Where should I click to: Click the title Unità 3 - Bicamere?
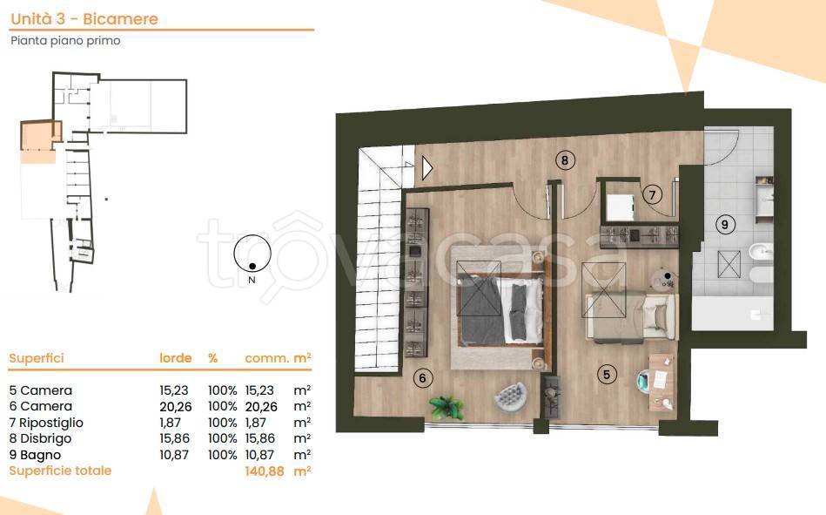tap(84, 19)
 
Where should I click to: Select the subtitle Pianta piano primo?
tap(65, 41)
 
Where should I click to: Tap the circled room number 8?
tap(565, 159)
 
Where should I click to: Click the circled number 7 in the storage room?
tap(652, 194)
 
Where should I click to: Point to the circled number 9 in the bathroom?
tap(725, 225)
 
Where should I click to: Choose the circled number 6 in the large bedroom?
tap(422, 378)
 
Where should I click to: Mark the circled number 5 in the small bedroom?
tap(607, 375)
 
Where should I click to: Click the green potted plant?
tap(447, 408)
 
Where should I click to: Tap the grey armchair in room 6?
tap(511, 396)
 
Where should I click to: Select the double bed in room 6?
tap(498, 308)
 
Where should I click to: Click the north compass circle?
tap(252, 254)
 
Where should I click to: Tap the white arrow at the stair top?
tap(427, 168)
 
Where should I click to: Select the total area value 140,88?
tap(265, 471)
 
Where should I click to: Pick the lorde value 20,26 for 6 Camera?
tap(176, 406)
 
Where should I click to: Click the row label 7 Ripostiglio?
tap(46, 423)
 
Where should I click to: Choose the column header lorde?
tap(176, 358)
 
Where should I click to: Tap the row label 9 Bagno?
tap(35, 455)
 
